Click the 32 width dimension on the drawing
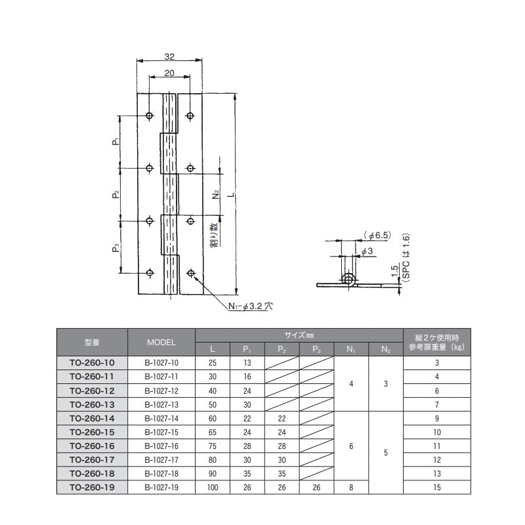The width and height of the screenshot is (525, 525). tap(169, 56)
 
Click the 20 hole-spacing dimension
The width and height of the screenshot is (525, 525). tap(169, 73)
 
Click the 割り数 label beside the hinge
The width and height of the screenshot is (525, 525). tap(214, 234)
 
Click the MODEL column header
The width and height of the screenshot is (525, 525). tap(161, 342)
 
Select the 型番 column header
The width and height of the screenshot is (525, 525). tap(92, 342)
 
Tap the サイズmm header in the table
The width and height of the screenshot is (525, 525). tap(299, 333)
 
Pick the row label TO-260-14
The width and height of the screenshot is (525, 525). tap(92, 418)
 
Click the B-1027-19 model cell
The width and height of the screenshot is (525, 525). tap(161, 488)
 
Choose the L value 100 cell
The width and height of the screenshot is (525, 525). tap(213, 488)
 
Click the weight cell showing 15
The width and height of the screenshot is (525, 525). tap(436, 488)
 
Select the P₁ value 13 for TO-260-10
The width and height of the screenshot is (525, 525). tap(247, 362)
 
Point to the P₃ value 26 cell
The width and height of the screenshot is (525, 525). tap(316, 488)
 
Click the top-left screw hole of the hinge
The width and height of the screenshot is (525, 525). tap(150, 116)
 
